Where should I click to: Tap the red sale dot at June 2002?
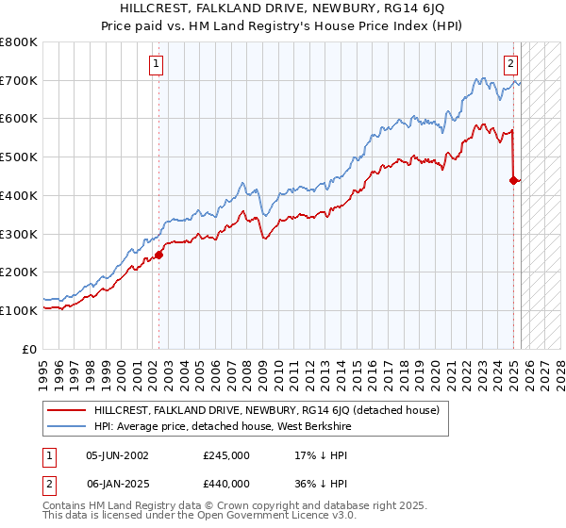159,254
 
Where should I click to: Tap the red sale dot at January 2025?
514,179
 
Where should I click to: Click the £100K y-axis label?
20,310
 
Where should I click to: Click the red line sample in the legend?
67,410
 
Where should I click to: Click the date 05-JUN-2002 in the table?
117,454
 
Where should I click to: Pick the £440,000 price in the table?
226,484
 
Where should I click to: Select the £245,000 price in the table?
226,454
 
